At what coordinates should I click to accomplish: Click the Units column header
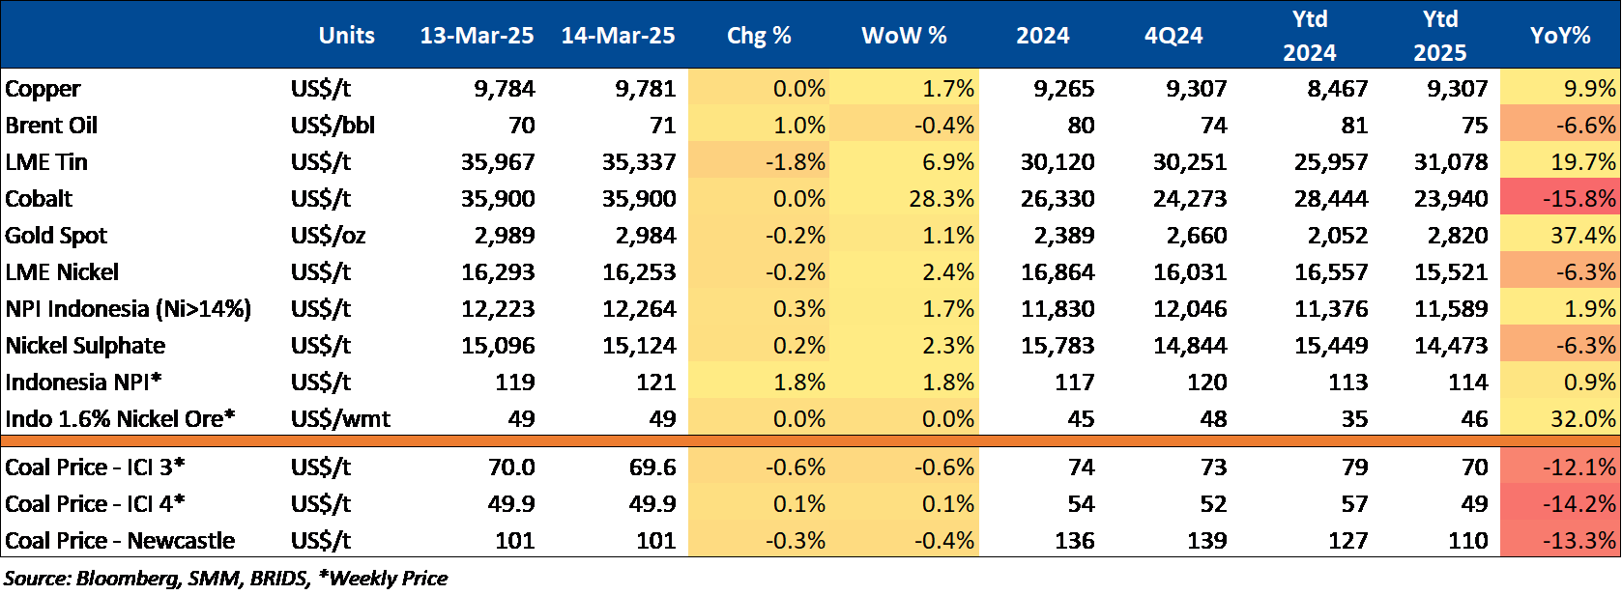point(346,36)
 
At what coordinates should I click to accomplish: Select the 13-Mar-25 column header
point(477,36)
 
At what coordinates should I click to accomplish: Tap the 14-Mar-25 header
point(618,36)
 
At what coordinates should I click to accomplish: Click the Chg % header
point(759,36)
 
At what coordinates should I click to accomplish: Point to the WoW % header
point(904,36)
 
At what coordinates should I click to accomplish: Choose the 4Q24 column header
point(1173,36)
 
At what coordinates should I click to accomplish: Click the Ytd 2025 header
point(1439,36)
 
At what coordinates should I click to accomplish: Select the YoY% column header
point(1559,36)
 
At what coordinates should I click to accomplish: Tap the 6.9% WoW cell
point(948,162)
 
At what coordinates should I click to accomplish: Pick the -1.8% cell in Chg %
point(796,162)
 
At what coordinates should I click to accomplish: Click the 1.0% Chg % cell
point(799,126)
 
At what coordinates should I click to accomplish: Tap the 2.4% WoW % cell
point(948,272)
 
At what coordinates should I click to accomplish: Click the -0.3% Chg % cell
point(796,541)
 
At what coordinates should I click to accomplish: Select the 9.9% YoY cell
point(1589,89)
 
